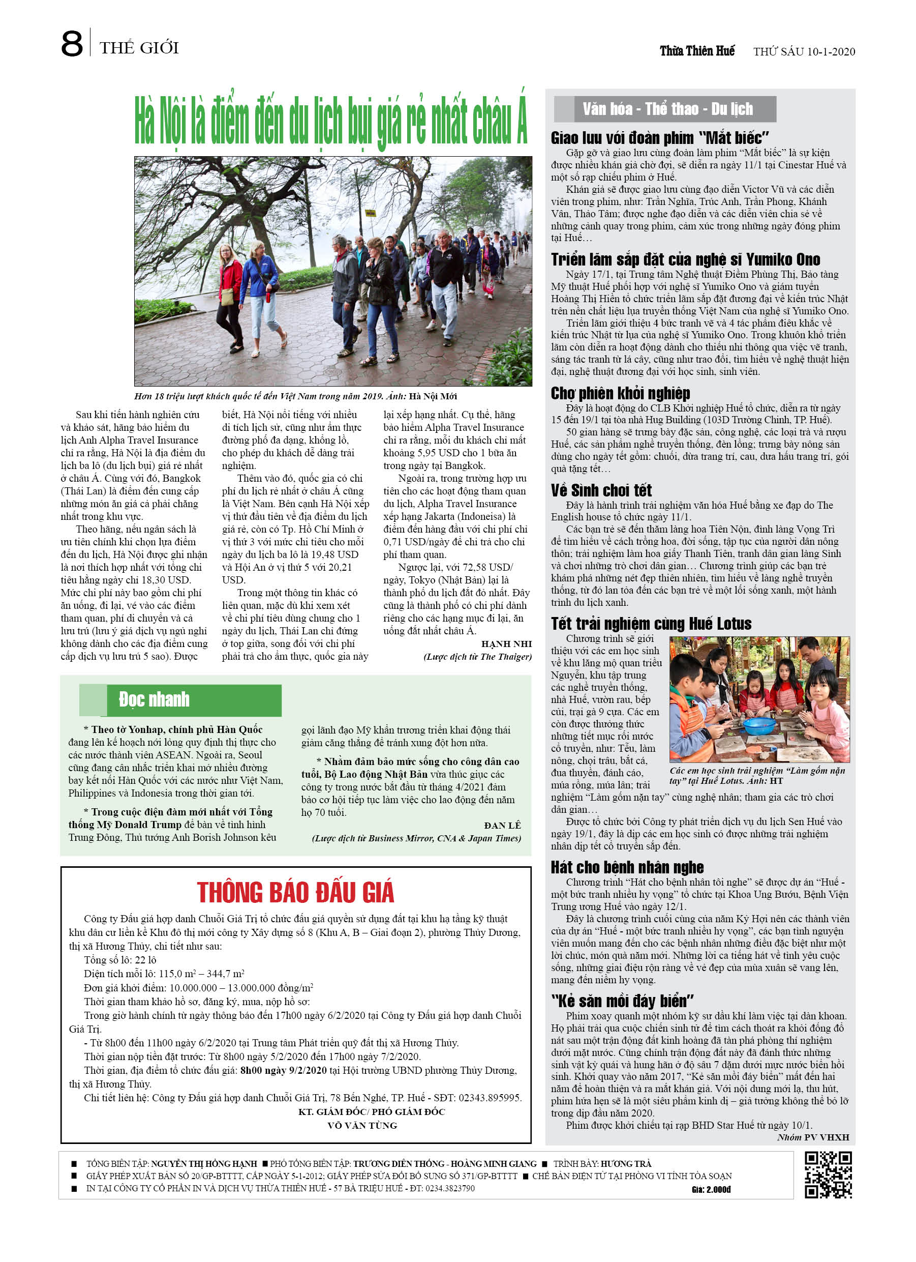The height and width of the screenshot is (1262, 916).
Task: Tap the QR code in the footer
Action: (x=828, y=1175)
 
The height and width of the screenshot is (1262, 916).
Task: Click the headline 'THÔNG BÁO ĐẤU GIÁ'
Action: (x=295, y=893)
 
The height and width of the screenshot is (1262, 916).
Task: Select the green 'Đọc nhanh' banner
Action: (x=180, y=700)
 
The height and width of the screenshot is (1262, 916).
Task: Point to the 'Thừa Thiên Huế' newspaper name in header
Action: (x=697, y=51)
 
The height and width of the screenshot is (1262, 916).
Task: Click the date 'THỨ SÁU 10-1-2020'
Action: (x=804, y=52)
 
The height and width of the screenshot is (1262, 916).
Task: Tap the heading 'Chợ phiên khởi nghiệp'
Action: (x=620, y=393)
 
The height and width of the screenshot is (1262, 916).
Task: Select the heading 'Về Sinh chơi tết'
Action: (x=601, y=490)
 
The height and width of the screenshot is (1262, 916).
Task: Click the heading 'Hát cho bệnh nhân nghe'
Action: (x=627, y=867)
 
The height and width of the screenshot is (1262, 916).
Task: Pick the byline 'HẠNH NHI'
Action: (x=506, y=644)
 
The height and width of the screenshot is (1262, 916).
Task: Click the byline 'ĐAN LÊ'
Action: (x=502, y=825)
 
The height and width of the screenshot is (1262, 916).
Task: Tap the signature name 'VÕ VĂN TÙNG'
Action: (x=362, y=1125)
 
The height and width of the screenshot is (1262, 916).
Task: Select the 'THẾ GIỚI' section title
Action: (x=139, y=48)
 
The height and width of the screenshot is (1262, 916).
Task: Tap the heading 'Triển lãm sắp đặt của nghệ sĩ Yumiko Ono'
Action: (x=685, y=260)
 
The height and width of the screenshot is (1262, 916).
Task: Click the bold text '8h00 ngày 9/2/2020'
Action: (x=283, y=1070)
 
